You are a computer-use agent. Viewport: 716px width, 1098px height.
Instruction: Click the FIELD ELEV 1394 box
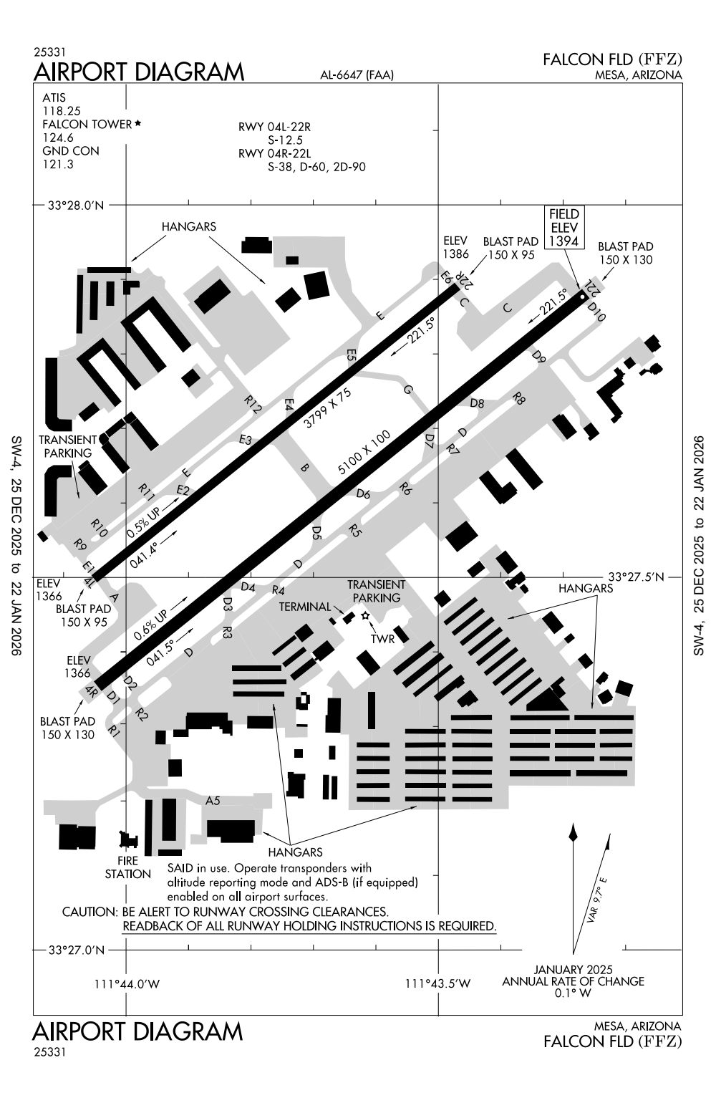tap(563, 227)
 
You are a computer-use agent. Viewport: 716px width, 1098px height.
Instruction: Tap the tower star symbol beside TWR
tap(365, 616)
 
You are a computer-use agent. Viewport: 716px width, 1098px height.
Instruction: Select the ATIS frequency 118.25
tap(61, 110)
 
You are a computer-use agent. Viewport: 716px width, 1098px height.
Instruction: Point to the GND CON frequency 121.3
tap(58, 164)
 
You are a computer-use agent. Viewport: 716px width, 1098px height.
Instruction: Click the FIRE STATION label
tap(128, 867)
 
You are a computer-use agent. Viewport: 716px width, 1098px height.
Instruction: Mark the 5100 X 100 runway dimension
tap(364, 453)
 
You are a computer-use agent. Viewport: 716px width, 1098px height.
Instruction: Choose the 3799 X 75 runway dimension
tap(328, 408)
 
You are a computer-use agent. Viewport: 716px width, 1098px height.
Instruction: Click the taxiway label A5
tap(213, 801)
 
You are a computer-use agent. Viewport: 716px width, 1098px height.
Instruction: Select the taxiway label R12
tap(252, 404)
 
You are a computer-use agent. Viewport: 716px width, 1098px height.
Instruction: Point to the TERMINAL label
tap(305, 607)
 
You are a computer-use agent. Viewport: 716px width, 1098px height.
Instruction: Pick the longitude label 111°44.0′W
tap(127, 983)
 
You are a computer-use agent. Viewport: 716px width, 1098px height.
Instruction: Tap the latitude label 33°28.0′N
tap(77, 206)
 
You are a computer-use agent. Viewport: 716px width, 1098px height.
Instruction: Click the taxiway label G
tap(409, 390)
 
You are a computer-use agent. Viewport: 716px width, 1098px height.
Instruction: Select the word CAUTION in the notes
tap(89, 912)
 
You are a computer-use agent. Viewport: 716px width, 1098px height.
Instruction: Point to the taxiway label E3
tap(246, 440)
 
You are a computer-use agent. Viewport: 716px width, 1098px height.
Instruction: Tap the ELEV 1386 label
tap(455, 247)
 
